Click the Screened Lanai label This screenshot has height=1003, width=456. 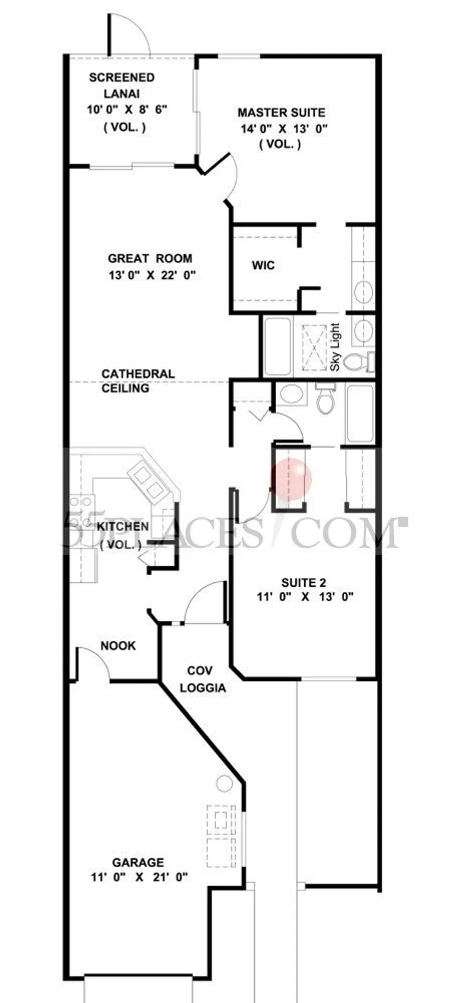(122, 85)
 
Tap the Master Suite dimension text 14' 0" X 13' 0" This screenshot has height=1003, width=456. (284, 128)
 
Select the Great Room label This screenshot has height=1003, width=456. (150, 258)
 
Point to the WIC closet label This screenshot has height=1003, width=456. (263, 265)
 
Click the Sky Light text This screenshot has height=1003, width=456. (335, 348)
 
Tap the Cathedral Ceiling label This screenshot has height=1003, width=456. (138, 381)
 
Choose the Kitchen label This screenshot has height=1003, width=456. (122, 526)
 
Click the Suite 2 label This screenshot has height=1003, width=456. (304, 583)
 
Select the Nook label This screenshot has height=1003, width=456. (118, 646)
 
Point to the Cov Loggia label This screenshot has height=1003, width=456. (203, 680)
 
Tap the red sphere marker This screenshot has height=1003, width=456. (291, 480)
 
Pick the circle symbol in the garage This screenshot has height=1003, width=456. (224, 783)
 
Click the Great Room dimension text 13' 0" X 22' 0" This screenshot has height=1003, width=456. (152, 275)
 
